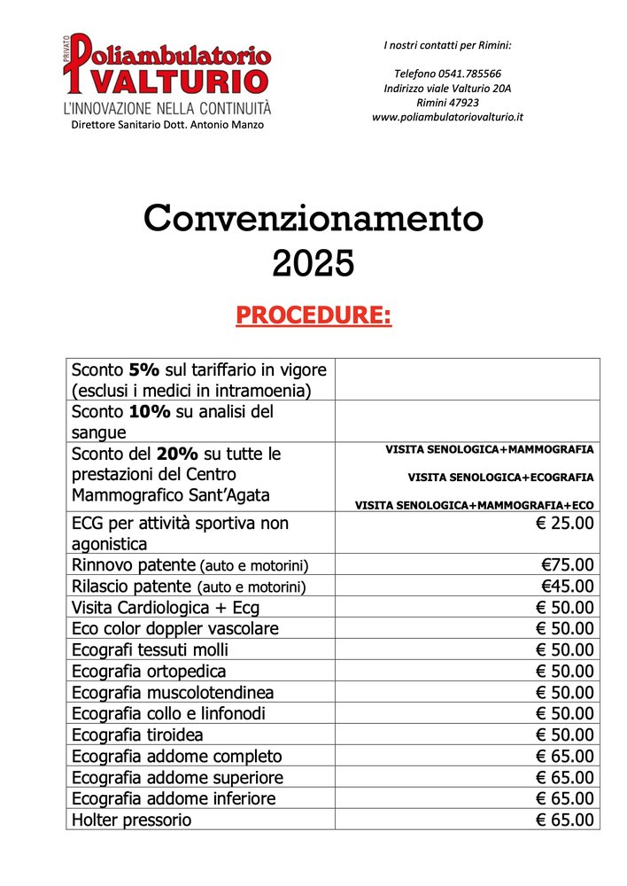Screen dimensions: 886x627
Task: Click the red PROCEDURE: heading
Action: (x=313, y=315)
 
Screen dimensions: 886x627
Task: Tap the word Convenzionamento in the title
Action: (x=313, y=218)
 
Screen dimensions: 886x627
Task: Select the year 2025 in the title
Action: (x=313, y=263)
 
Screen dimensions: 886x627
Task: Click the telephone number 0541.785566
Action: (x=447, y=74)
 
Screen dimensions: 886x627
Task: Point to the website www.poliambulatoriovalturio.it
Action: (x=447, y=117)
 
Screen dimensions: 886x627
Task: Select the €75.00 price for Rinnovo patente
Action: (x=568, y=565)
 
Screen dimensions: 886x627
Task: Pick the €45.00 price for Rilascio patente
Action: (x=568, y=587)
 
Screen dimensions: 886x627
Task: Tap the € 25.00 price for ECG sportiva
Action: (x=565, y=524)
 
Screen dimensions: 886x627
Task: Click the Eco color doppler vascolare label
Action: (x=174, y=628)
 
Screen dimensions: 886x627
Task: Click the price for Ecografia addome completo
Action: (x=565, y=756)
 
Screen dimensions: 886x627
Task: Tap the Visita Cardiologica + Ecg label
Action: (x=166, y=608)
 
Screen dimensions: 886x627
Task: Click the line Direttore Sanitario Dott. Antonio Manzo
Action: (x=167, y=125)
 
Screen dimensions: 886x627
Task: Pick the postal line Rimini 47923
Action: (x=447, y=103)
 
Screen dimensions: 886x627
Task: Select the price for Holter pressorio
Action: (x=565, y=820)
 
